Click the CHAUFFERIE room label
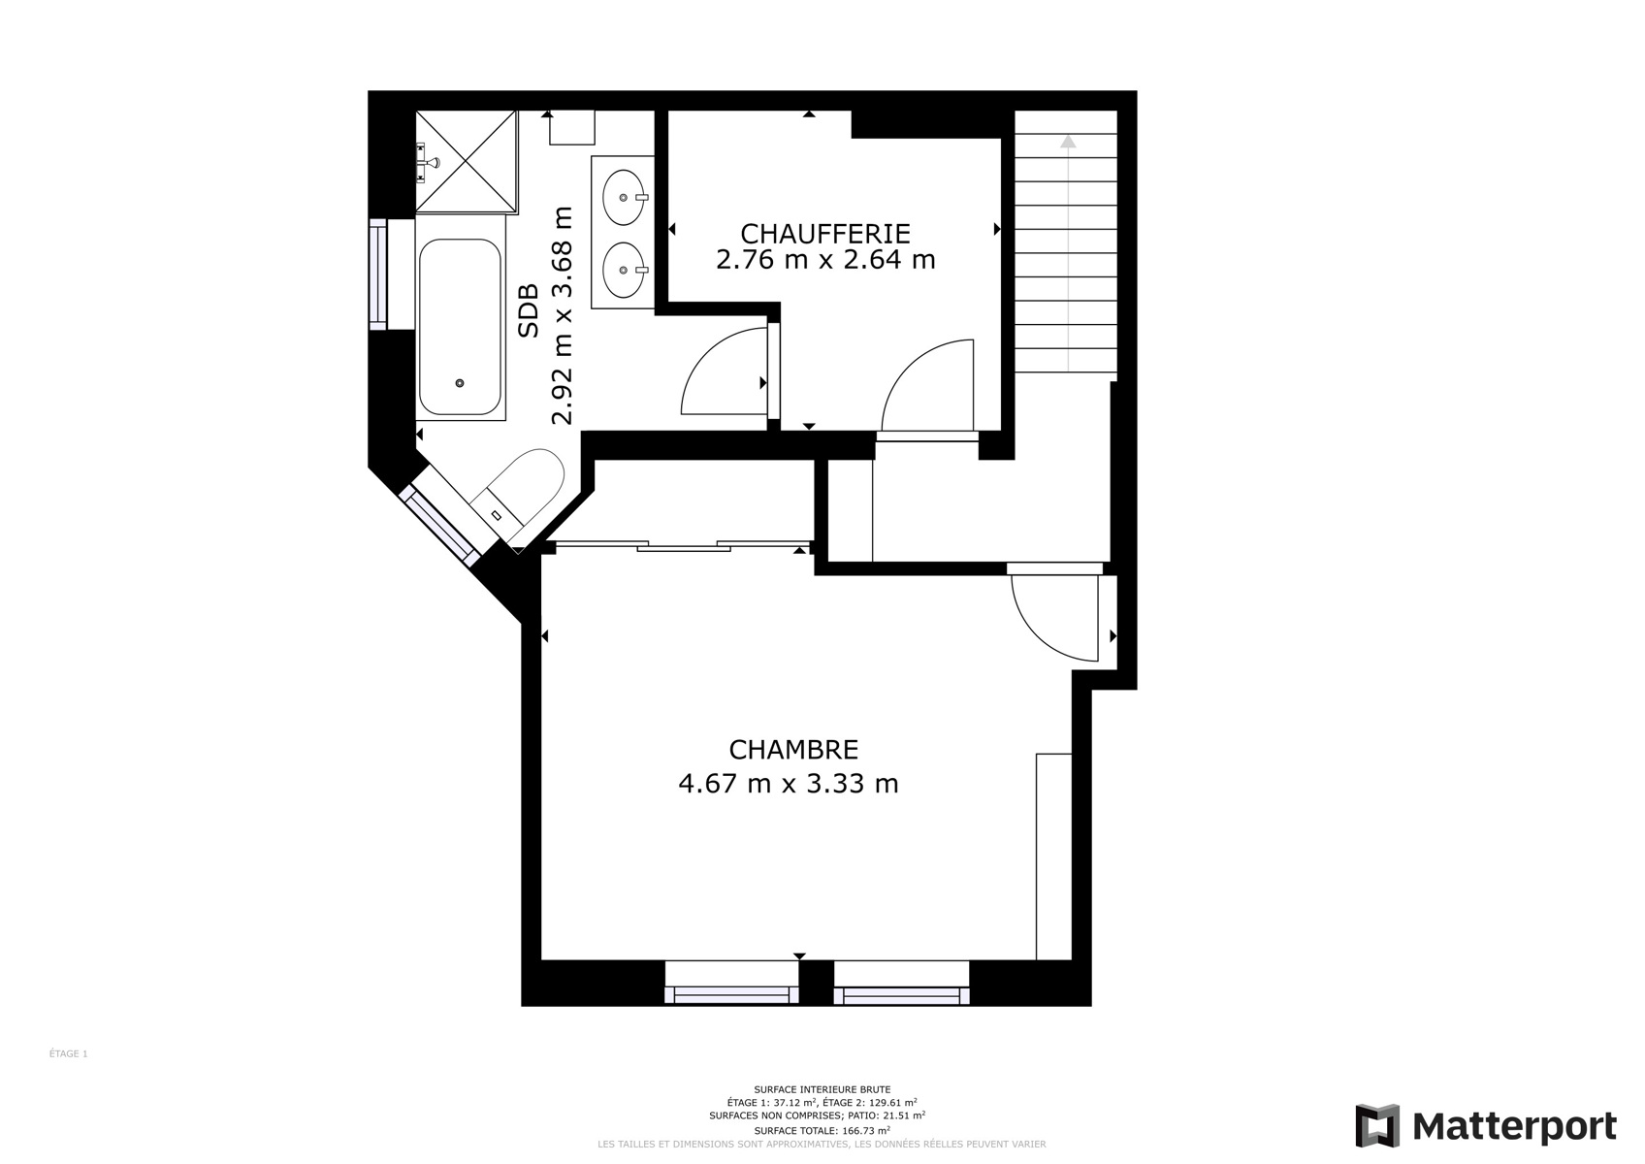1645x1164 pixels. [824, 234]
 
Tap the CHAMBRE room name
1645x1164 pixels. [793, 750]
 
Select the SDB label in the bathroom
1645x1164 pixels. [528, 310]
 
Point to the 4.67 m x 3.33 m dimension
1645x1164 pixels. [788, 784]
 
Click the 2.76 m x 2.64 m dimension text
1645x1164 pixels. [825, 260]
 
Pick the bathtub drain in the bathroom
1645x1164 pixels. [460, 382]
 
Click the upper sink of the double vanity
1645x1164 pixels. [625, 198]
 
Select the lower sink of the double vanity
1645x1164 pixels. [625, 271]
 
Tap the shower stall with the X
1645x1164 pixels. [467, 162]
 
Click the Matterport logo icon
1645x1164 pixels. [1377, 1126]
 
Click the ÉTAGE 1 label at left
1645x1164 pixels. [68, 1053]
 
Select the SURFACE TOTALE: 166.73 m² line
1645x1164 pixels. [822, 1131]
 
